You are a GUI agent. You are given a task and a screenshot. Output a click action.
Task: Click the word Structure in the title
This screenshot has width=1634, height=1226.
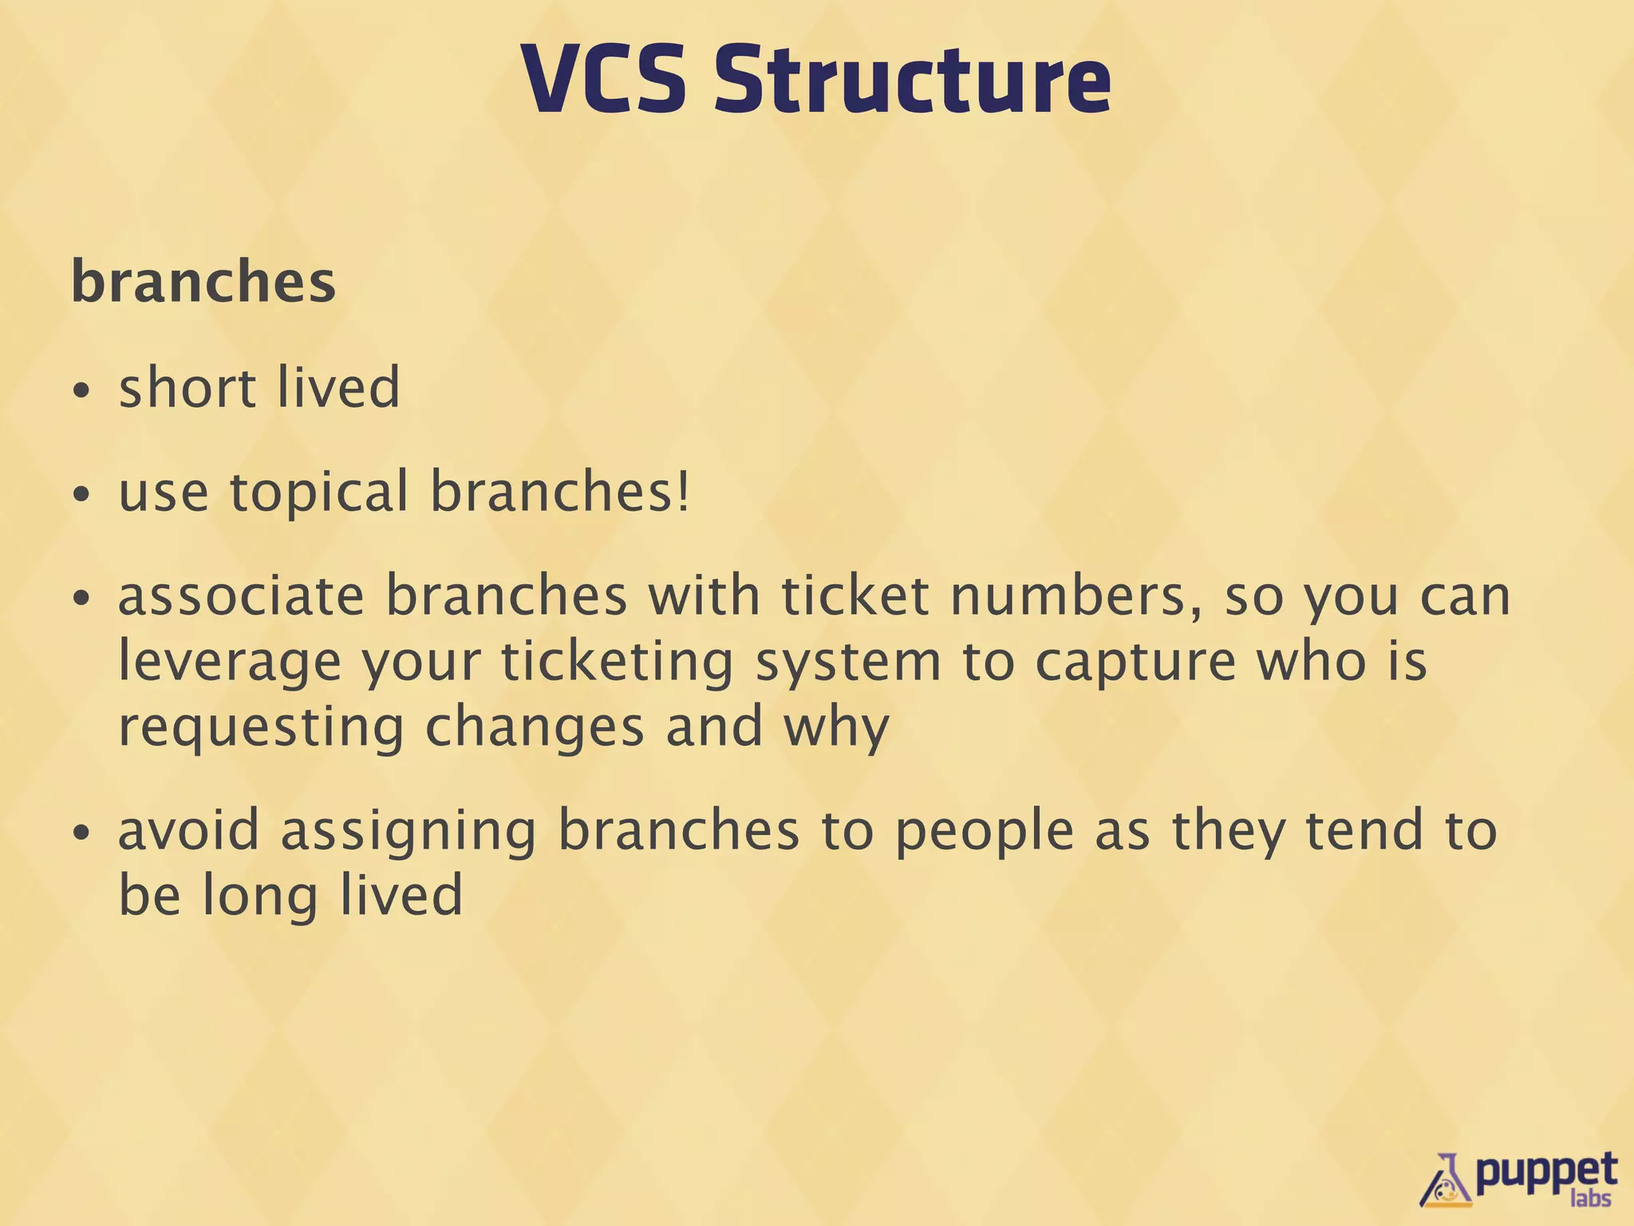pos(912,80)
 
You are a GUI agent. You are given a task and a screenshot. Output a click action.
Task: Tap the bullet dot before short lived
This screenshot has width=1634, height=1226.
pos(81,391)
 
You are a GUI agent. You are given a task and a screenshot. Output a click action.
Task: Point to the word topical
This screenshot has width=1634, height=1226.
pos(319,492)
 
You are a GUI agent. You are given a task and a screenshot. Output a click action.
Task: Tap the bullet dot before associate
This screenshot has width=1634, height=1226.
pos(81,599)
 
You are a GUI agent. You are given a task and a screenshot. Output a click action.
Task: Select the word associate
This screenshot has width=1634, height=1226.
pos(241,596)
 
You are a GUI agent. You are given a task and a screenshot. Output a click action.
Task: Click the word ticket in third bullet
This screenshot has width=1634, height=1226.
pos(854,596)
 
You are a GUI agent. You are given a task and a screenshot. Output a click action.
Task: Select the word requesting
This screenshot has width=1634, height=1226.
pos(261,729)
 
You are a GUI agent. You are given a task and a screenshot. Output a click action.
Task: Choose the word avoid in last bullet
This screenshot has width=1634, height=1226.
pos(189,830)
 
